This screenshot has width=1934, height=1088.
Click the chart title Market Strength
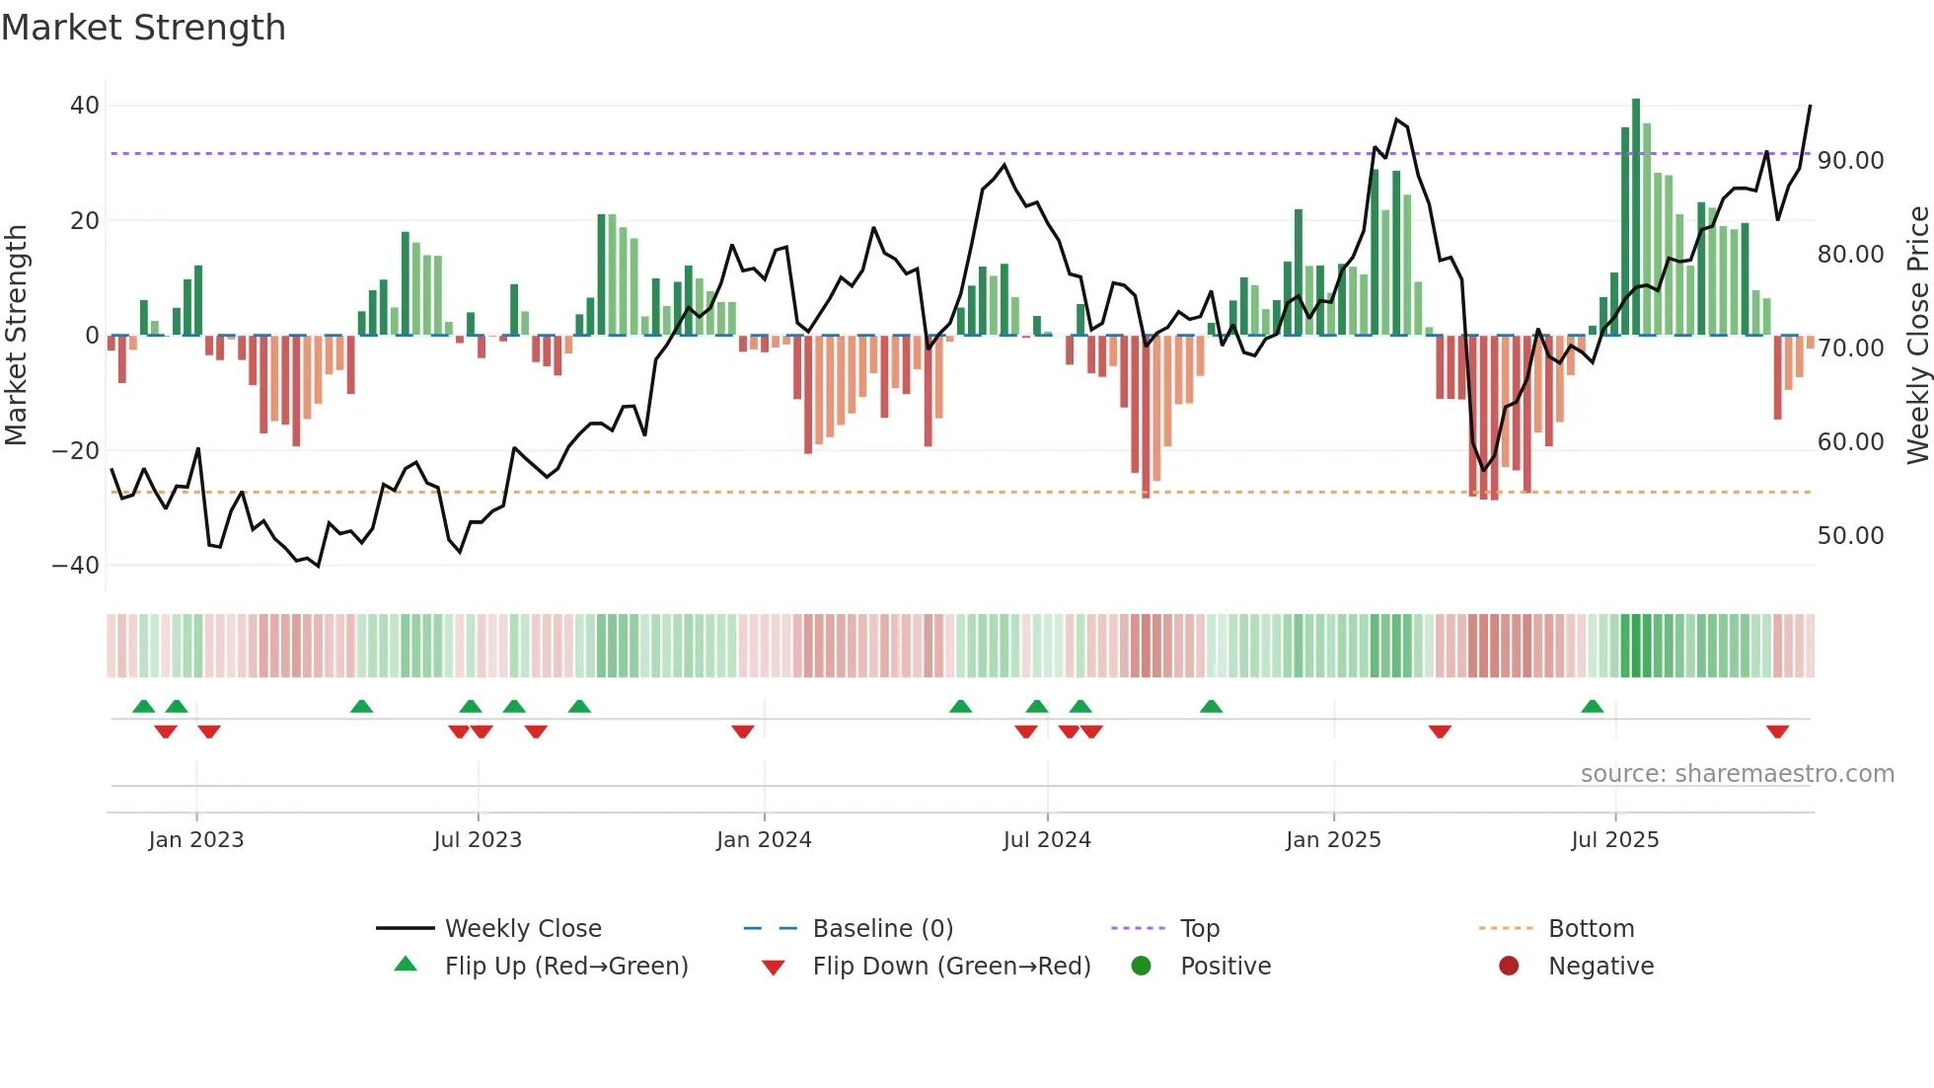point(143,28)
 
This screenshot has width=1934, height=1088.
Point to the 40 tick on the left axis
point(85,106)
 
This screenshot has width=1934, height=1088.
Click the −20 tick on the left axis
point(76,451)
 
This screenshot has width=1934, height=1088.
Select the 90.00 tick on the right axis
point(1850,161)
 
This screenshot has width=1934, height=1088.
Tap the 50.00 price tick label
point(1850,536)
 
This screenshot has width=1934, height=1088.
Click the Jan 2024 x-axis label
point(764,840)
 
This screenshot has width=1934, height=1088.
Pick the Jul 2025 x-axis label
point(1614,840)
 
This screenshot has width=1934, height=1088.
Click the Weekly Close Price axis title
point(1917,336)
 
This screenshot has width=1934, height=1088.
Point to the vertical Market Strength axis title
point(16,336)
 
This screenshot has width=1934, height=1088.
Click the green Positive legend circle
point(1142,967)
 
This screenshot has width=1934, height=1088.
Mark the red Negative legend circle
point(1509,967)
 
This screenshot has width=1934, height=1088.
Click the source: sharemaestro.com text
point(1737,774)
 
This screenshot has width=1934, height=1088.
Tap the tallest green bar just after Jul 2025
point(1636,217)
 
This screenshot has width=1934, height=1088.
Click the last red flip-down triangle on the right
point(1777,732)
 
